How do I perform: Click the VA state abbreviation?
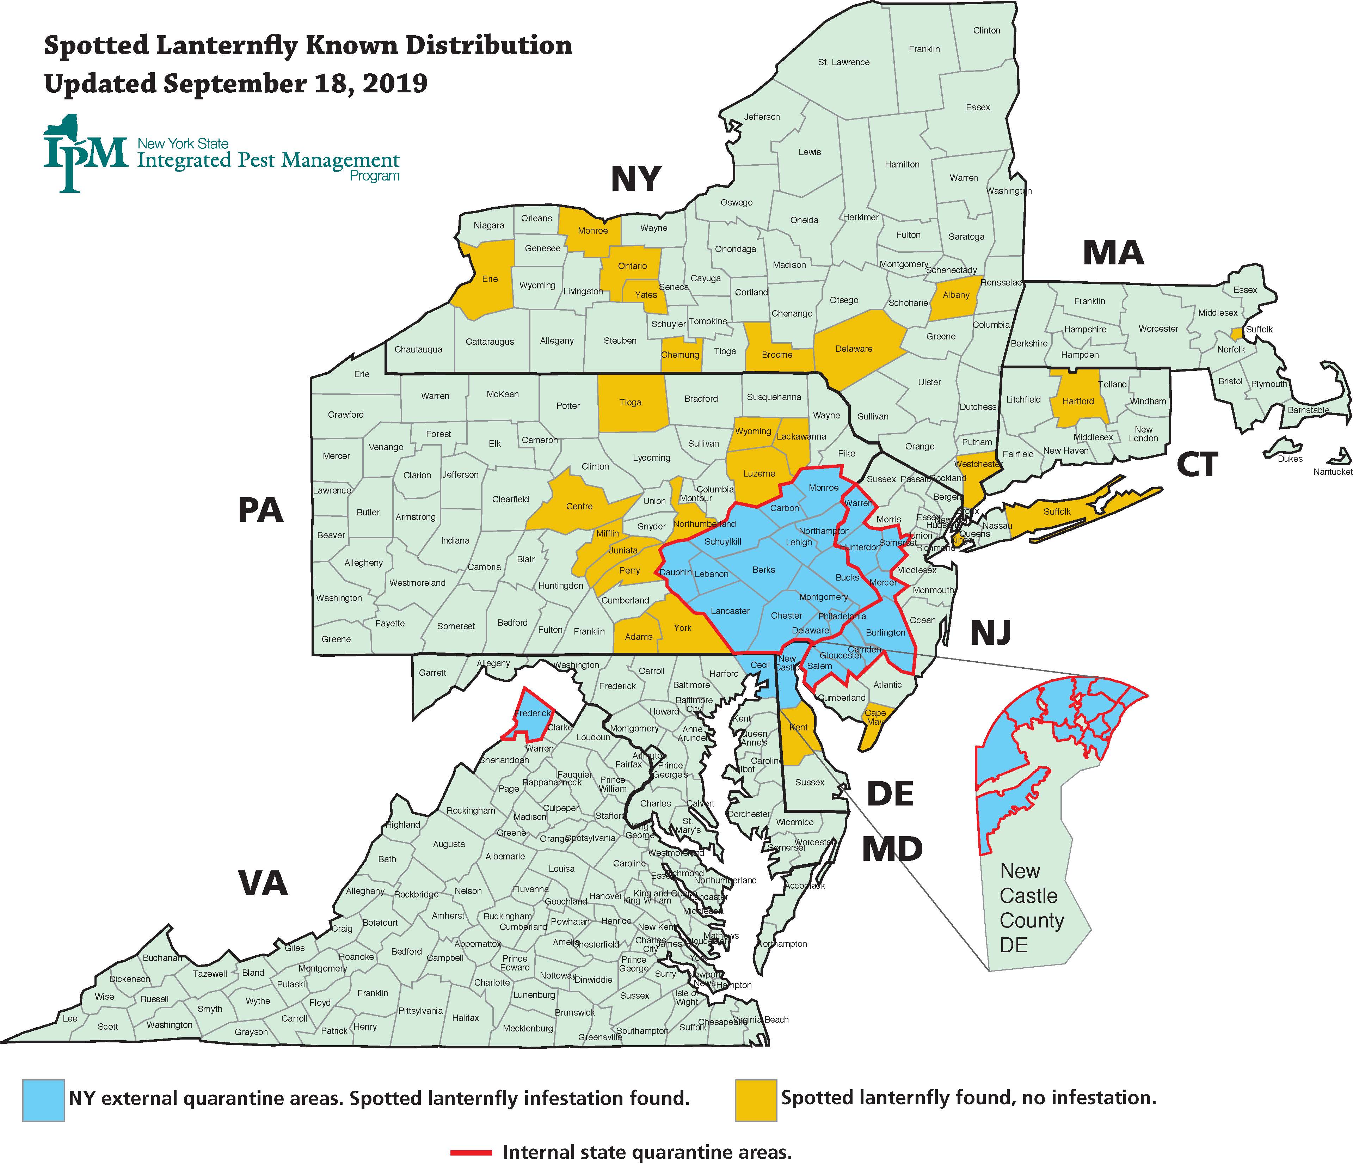(263, 883)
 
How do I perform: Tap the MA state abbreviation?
(1113, 253)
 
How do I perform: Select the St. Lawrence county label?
(844, 62)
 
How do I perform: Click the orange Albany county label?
(956, 295)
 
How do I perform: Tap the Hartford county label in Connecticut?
(1078, 401)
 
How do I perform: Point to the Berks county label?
(763, 570)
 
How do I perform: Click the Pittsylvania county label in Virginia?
(420, 1011)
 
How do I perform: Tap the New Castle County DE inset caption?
(1028, 908)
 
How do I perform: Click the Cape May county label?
(875, 717)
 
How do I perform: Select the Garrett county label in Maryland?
(432, 672)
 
